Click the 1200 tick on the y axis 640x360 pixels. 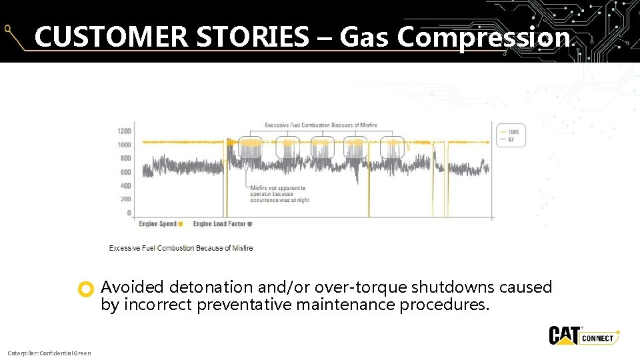[x=125, y=131]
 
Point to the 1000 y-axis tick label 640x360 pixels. [x=125, y=145]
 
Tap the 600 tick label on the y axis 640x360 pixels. [x=126, y=172]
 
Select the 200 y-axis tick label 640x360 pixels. [x=126, y=199]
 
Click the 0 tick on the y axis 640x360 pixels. [x=129, y=213]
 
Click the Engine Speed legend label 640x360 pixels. [x=157, y=224]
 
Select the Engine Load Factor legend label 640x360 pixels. [x=219, y=224]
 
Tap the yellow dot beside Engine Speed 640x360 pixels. [x=181, y=224]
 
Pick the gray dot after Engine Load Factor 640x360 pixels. [x=250, y=224]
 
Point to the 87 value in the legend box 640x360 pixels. [x=511, y=139]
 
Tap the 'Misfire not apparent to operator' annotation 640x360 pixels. [x=279, y=194]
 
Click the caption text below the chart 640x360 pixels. [x=181, y=248]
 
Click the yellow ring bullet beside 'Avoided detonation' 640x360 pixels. [x=85, y=289]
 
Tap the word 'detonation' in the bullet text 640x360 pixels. [x=211, y=287]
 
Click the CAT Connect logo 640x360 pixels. [x=583, y=336]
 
